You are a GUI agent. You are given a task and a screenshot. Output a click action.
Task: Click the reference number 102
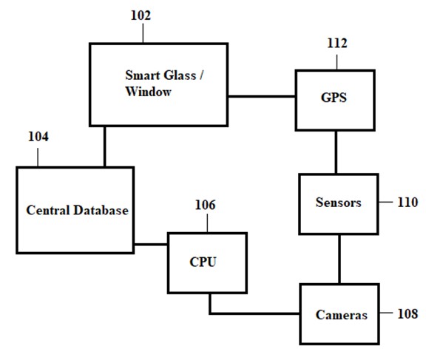[x=141, y=16]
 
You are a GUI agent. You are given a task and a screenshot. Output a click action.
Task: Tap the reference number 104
[x=38, y=137]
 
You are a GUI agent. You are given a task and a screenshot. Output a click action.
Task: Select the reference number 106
[x=206, y=205]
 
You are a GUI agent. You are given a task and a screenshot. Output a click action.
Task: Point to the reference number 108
[x=408, y=314]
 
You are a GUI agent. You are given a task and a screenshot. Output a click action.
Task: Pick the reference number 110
[x=408, y=203]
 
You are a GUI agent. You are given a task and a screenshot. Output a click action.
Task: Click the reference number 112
[x=337, y=43]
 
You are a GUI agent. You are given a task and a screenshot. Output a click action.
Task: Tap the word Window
[x=149, y=92]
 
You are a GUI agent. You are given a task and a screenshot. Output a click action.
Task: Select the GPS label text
[x=334, y=98]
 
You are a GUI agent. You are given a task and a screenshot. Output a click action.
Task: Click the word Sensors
[x=339, y=203]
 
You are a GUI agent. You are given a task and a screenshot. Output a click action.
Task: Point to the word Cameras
[x=342, y=315]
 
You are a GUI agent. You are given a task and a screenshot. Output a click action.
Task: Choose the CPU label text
[x=203, y=262]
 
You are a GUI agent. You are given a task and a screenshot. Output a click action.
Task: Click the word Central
[x=48, y=210]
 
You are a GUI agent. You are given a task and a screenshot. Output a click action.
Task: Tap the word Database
[x=101, y=210]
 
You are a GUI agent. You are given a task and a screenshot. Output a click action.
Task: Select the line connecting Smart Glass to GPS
[x=262, y=96]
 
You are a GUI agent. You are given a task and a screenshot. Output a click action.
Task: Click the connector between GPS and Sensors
[x=336, y=152]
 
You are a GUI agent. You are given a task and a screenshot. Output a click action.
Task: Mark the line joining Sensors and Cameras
[x=339, y=259]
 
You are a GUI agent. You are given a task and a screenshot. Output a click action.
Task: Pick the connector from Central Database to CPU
[x=151, y=245]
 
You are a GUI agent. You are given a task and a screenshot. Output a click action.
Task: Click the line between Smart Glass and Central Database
[x=104, y=146]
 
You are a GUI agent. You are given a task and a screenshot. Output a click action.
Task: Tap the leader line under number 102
[x=143, y=33]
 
